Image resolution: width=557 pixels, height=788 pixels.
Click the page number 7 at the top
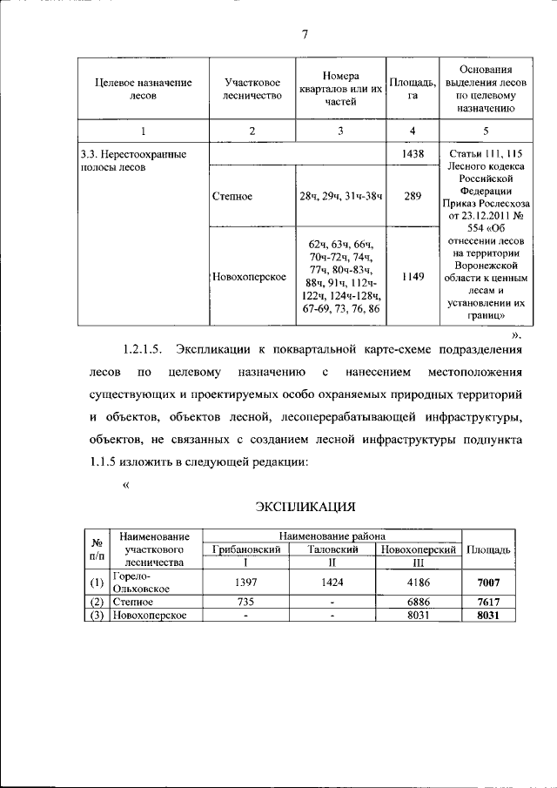(305, 35)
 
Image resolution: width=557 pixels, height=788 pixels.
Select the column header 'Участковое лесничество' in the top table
(252, 88)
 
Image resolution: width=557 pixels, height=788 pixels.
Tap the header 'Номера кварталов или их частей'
(340, 88)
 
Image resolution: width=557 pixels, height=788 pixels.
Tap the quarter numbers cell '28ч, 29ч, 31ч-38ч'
(340, 197)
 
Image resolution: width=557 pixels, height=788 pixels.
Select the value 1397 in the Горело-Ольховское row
(246, 583)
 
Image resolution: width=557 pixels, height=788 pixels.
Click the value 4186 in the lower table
(419, 583)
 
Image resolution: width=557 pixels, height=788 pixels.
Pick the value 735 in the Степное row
(246, 602)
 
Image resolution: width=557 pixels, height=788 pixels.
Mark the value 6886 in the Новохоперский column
(419, 602)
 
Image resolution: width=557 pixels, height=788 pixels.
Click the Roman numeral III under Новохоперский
(419, 563)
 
